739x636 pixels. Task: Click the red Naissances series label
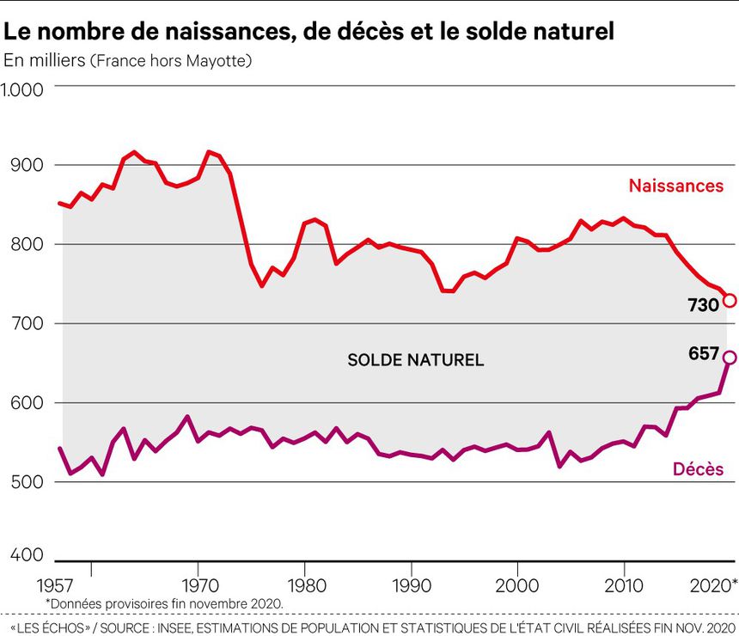[675, 186]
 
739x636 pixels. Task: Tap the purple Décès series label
[697, 469]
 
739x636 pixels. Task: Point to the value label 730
[703, 304]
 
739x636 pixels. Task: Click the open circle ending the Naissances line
[730, 301]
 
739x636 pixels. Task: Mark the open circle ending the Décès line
[730, 358]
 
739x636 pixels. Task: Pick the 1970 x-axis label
[199, 586]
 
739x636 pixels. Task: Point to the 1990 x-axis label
[412, 586]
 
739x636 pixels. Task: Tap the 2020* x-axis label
[712, 586]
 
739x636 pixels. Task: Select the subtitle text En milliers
[44, 61]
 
